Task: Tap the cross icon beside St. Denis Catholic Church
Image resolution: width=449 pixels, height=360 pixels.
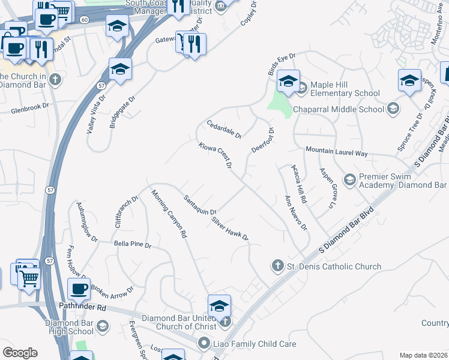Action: click(x=277, y=265)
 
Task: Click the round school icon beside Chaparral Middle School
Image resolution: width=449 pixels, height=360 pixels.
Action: click(x=393, y=109)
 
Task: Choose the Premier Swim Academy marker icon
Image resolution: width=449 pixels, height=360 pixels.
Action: click(x=349, y=180)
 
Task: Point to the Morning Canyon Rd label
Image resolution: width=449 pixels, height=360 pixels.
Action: click(x=169, y=215)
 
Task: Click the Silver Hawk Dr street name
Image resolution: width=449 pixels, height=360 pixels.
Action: click(x=229, y=229)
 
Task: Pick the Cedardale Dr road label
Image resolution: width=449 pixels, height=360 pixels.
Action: click(x=223, y=129)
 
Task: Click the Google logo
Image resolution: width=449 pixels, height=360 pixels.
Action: click(x=20, y=353)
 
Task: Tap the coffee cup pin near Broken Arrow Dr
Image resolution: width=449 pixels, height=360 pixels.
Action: click(x=79, y=290)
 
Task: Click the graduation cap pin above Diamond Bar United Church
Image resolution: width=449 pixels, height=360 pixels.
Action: click(x=220, y=306)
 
